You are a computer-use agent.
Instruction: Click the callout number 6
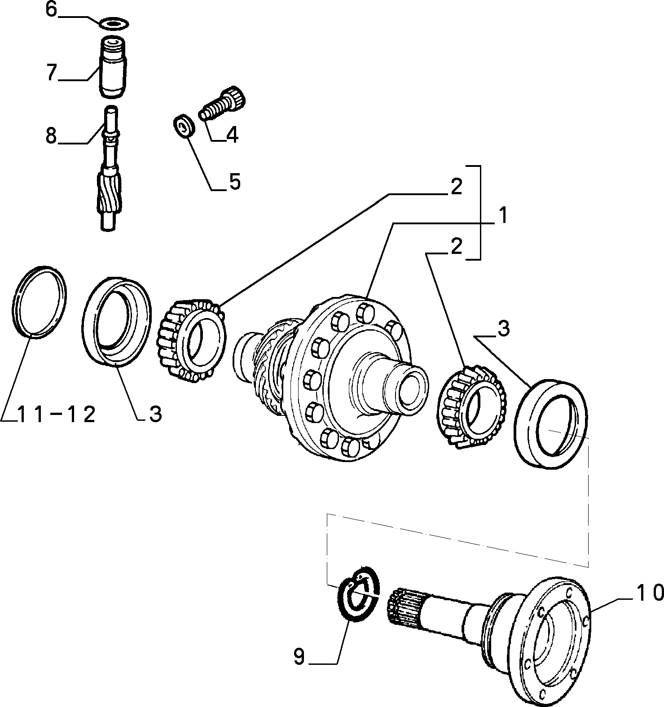pos(52,10)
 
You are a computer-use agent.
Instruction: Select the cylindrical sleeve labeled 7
pos(112,67)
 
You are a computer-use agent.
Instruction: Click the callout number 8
pos(52,135)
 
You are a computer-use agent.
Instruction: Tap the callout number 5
pos(234,182)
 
